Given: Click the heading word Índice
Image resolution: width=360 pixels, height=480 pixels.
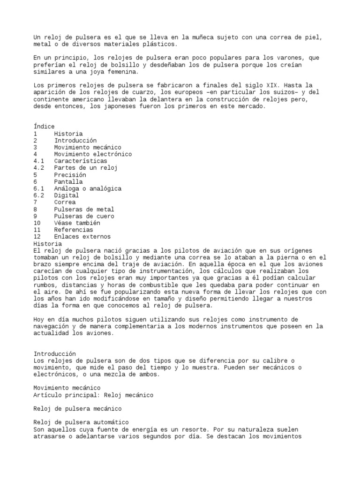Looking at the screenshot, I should pos(44,127).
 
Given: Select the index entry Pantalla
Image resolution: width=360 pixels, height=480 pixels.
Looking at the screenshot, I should pos(68,182).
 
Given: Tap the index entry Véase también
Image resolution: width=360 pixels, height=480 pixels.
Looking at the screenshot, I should pos(77,223).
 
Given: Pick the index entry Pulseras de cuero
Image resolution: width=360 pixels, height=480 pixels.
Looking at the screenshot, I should pos(84,216).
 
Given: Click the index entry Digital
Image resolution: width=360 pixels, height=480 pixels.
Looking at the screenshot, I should pos(67,195).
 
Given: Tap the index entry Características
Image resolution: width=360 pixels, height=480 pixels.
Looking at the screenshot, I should pos(80,161).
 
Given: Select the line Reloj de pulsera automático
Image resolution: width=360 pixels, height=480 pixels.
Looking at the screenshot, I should pos(82,423).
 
